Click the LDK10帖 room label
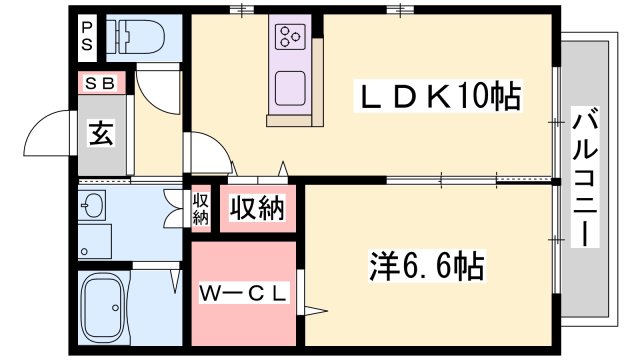tap(439, 98)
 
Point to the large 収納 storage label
tap(257, 208)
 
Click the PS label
tap(88, 37)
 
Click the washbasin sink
tap(93, 207)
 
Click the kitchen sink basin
tap(290, 84)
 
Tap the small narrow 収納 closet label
tap(200, 208)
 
